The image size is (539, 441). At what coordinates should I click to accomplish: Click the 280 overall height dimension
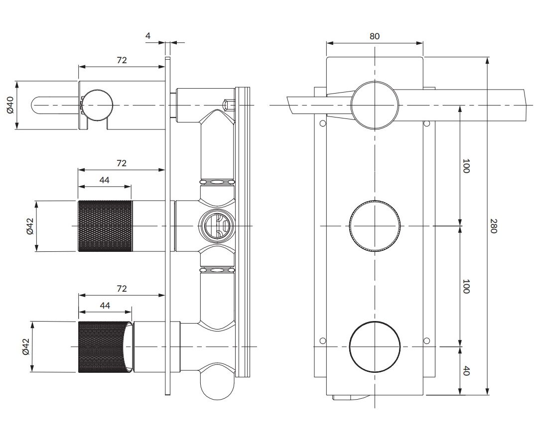pos(493,226)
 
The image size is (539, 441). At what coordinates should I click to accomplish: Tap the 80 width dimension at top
pos(375,36)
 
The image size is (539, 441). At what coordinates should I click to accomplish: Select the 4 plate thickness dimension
pos(148,36)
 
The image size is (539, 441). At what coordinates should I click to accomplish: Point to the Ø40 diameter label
pos(10,105)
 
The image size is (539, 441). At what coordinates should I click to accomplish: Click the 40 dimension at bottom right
pos(466,371)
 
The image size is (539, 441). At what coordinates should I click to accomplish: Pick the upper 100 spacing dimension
pos(466,166)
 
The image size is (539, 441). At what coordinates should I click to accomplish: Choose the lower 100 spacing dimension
pos(466,286)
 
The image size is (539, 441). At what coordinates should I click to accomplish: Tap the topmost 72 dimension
pos(122,60)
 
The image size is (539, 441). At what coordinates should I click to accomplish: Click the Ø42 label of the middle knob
pos(30,226)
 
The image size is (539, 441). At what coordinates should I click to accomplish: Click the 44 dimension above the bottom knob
pos(105,305)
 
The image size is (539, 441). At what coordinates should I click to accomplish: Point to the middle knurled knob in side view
pos(105,226)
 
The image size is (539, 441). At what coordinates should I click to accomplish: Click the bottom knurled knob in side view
pos(105,347)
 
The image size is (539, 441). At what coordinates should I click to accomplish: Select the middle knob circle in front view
pos(375,226)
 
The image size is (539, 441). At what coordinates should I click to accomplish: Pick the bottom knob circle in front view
pos(375,347)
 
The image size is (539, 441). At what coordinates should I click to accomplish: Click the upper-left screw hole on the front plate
pos(323,123)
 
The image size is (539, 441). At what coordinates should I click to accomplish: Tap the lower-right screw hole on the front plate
pos(426,340)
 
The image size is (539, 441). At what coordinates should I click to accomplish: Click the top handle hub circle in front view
pos(375,105)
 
